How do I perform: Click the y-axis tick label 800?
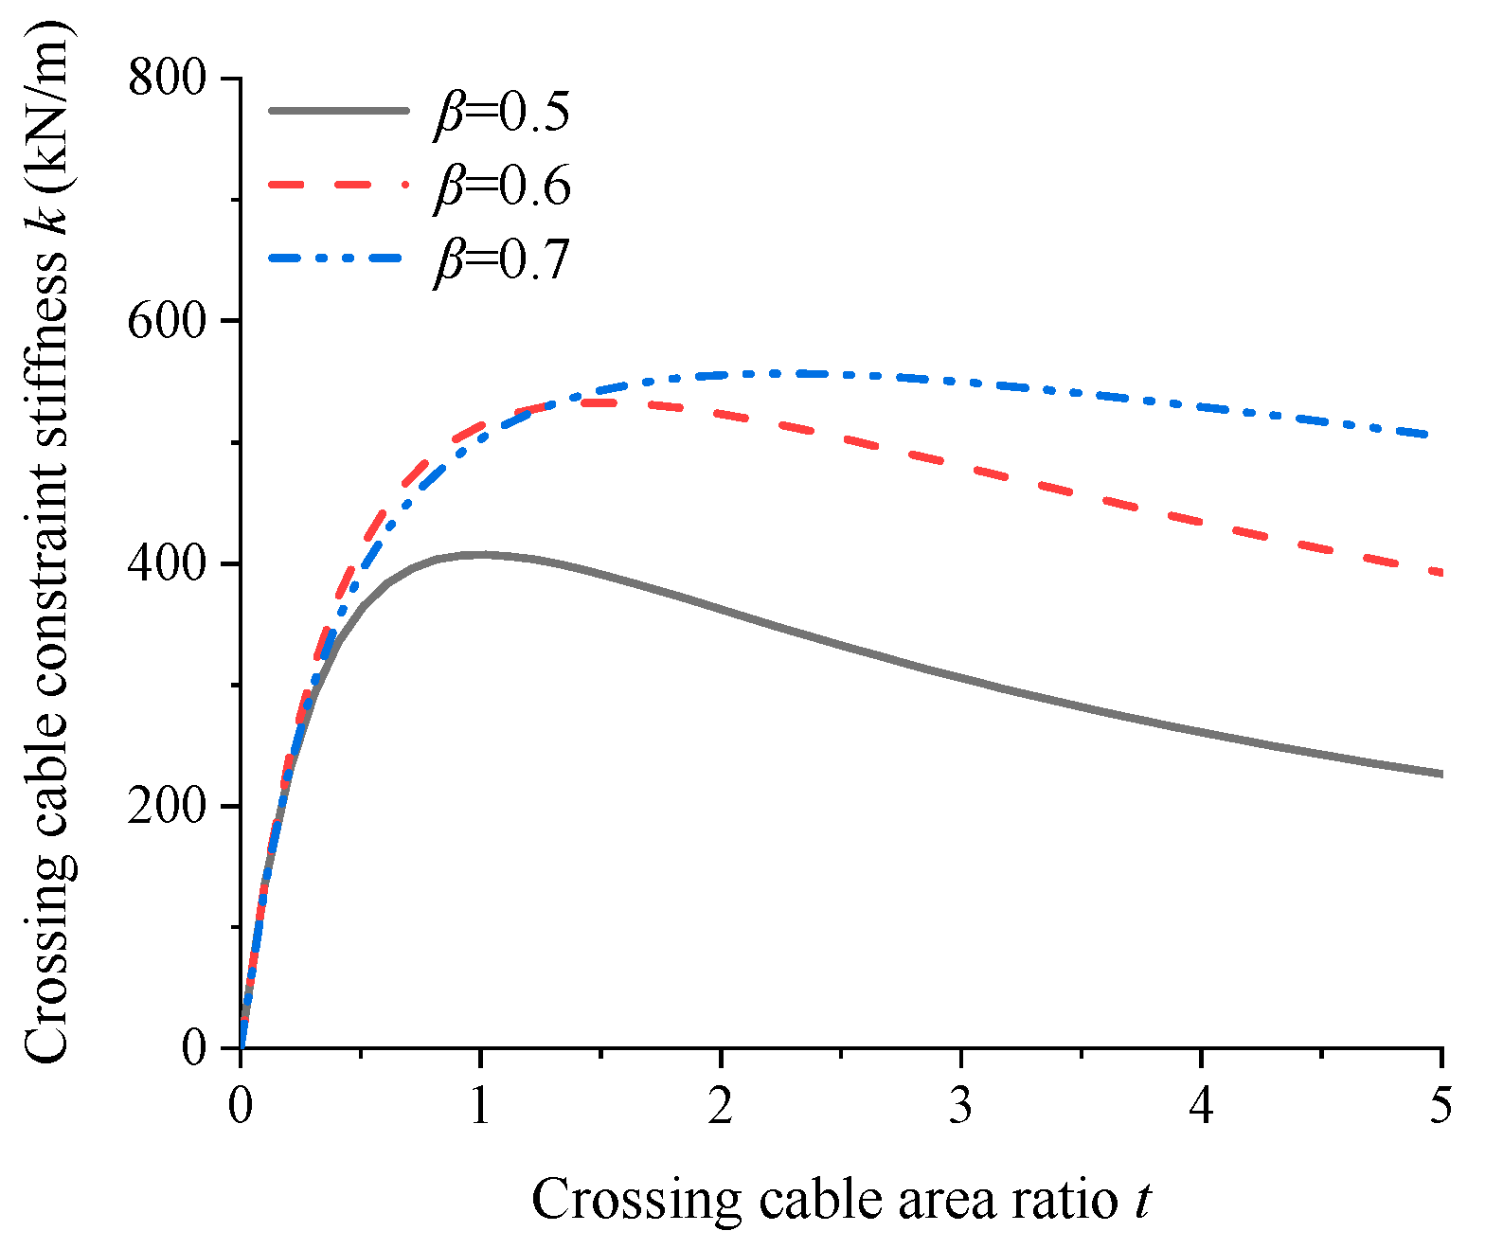tap(167, 78)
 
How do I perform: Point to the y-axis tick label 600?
tap(167, 321)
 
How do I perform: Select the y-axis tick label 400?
tap(167, 563)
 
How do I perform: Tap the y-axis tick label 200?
tap(167, 806)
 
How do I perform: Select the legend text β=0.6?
tap(502, 186)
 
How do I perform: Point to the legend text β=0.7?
tap(502, 259)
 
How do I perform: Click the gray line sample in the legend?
tap(338, 111)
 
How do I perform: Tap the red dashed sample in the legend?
tap(338, 184)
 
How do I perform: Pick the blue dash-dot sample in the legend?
tap(338, 257)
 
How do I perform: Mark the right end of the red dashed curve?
tap(1440, 573)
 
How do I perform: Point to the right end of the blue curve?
tap(1440, 436)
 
